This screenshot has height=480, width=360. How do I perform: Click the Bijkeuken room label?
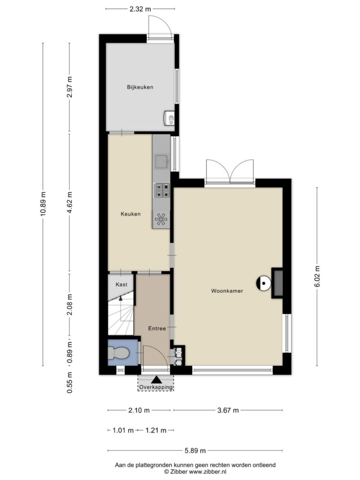pyautogui.click(x=139, y=87)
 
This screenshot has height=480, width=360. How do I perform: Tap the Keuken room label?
pyautogui.click(x=130, y=214)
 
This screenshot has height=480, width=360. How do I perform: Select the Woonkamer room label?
pyautogui.click(x=227, y=291)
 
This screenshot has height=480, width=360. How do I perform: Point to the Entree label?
pyautogui.click(x=157, y=329)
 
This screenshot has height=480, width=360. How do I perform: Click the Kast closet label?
pyautogui.click(x=121, y=284)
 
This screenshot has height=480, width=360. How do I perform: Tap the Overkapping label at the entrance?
pyautogui.click(x=155, y=387)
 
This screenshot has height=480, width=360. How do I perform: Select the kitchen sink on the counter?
pyautogui.click(x=161, y=161)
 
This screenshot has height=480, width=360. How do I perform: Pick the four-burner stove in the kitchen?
pyautogui.click(x=162, y=190)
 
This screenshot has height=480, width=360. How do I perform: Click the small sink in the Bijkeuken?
pyautogui.click(x=170, y=118)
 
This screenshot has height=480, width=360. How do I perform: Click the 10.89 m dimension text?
pyautogui.click(x=43, y=204)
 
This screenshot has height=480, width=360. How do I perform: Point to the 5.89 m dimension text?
pyautogui.click(x=195, y=451)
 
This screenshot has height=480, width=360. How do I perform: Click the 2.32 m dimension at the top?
pyautogui.click(x=140, y=8)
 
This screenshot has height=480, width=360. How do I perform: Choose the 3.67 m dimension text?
pyautogui.click(x=228, y=410)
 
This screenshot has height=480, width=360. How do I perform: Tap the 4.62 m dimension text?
pyautogui.click(x=69, y=203)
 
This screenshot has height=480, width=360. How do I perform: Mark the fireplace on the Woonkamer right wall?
pyautogui.click(x=277, y=283)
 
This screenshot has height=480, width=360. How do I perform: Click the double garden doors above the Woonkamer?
pyautogui.click(x=230, y=172)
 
